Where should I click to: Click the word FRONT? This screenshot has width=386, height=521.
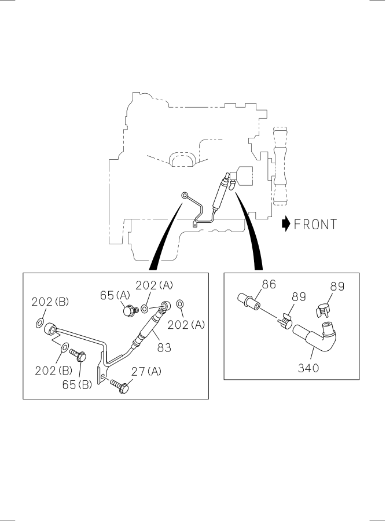click(315, 224)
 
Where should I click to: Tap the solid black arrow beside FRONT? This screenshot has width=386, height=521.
click(285, 224)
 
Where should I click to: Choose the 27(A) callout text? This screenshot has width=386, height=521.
click(146, 371)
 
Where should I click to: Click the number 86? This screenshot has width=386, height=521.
click(269, 284)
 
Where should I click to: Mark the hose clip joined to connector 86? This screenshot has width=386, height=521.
click(285, 320)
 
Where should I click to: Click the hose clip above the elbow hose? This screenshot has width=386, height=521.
click(325, 309)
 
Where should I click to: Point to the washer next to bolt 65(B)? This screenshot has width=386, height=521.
click(63, 348)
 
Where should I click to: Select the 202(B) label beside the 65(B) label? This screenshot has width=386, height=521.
click(52, 370)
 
